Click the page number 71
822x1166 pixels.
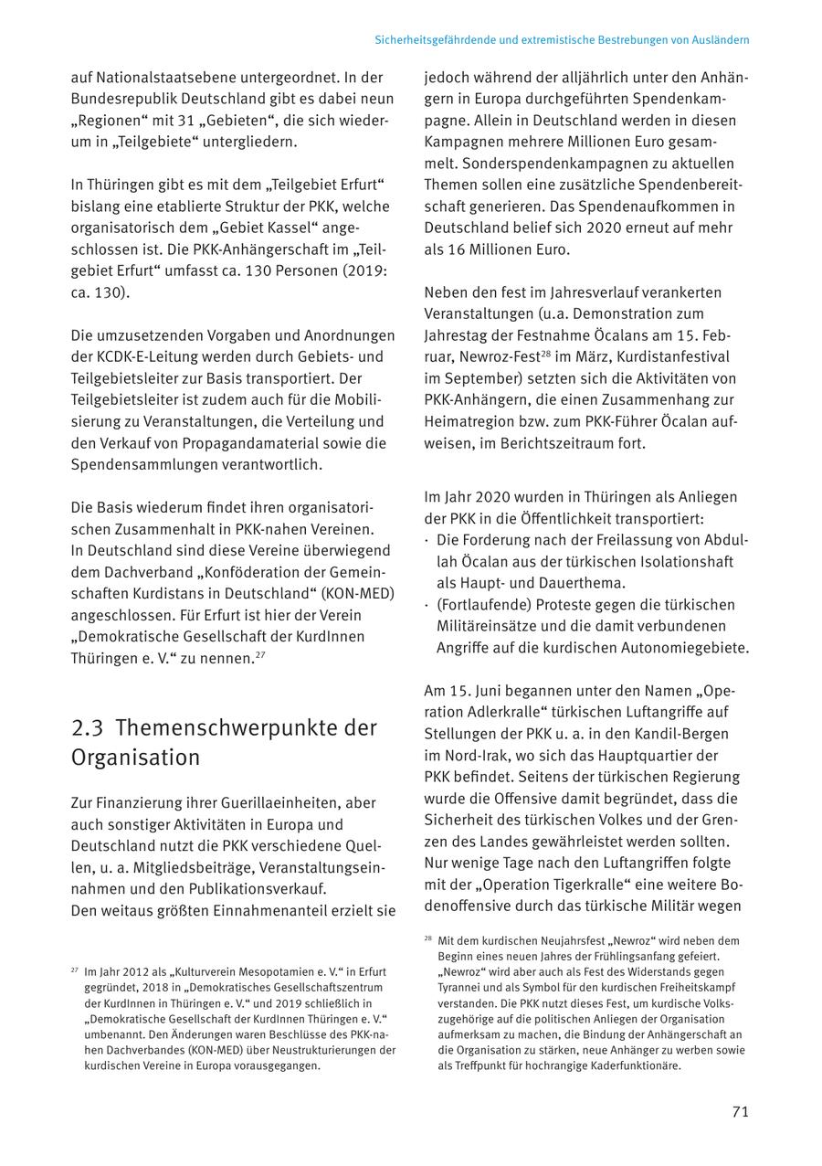(x=740, y=1112)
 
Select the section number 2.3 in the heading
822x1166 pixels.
(x=88, y=728)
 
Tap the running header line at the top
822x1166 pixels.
(x=562, y=40)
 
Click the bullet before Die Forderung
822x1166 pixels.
(x=427, y=540)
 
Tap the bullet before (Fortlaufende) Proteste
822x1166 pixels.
(x=427, y=605)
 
